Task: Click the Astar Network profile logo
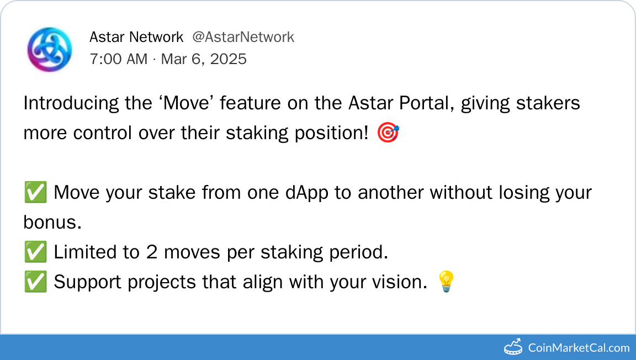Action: point(50,50)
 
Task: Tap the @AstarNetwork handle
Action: point(243,37)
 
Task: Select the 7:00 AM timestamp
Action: point(119,59)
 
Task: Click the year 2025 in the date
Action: point(229,59)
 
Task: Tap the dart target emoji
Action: point(388,133)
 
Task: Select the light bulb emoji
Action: point(446,282)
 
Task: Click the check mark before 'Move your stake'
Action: point(35,192)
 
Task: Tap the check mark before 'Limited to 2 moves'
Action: point(35,252)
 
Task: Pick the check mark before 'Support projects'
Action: point(35,282)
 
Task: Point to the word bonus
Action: point(52,222)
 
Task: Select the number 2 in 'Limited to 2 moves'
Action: point(152,252)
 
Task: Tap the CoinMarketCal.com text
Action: point(579,348)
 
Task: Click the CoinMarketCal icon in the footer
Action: point(513,347)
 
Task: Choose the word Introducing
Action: point(71,103)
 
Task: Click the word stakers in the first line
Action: point(548,103)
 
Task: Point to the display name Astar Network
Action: point(136,37)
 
